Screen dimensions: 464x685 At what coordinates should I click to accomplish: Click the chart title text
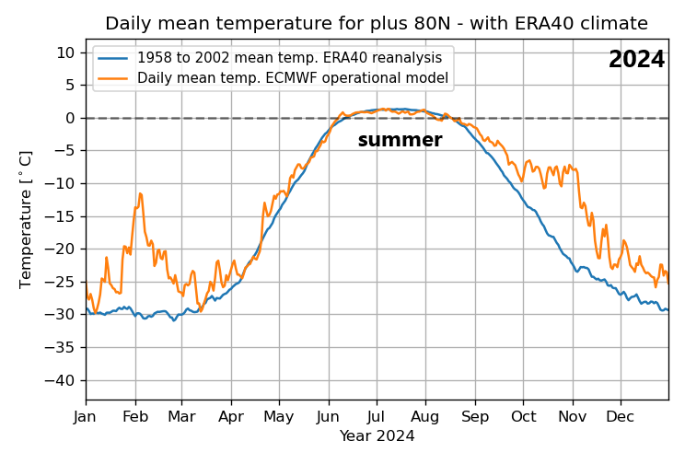376,24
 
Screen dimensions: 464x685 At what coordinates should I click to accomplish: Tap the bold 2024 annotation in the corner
636,60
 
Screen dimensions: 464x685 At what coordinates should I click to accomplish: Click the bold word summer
400,141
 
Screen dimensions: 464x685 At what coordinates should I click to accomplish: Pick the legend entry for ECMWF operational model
292,78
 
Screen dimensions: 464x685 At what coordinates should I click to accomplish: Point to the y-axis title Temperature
27,219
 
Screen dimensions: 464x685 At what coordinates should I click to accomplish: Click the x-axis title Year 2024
377,436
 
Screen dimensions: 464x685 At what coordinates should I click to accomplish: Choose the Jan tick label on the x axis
86,416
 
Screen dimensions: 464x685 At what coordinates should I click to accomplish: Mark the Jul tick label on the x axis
376,416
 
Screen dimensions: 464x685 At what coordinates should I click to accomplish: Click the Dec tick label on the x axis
620,416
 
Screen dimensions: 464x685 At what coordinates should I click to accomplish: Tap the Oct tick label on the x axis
522,416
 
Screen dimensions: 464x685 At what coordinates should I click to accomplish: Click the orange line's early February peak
140,194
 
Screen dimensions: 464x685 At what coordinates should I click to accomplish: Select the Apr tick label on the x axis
230,416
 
